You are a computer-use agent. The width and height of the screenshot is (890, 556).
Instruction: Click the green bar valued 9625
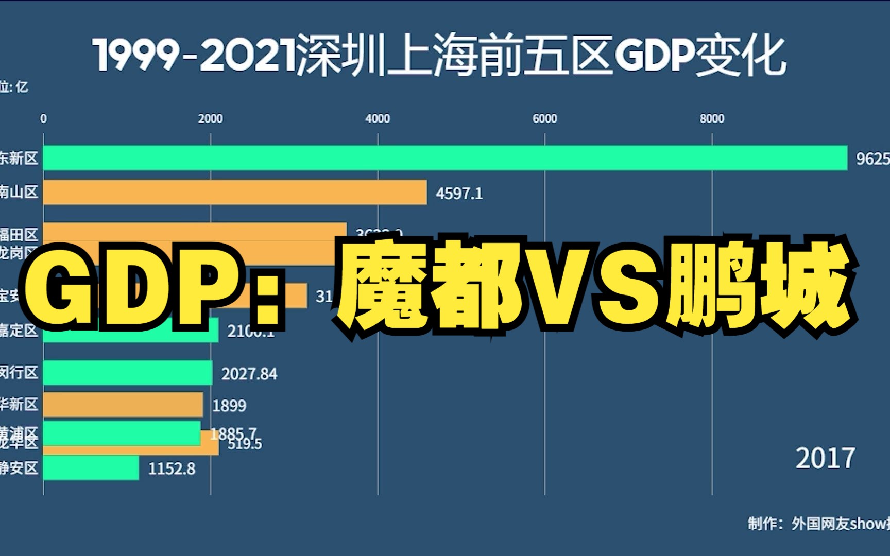[445, 158]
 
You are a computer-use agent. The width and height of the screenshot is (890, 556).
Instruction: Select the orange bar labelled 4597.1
[235, 192]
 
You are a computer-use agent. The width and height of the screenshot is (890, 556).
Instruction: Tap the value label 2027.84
[249, 373]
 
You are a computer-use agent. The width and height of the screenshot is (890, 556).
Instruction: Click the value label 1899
[229, 406]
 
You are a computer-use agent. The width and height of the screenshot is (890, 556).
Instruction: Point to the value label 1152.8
[172, 468]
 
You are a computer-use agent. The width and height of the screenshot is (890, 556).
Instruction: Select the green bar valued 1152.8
[91, 468]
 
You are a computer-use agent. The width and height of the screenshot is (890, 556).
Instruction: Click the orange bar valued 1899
[123, 405]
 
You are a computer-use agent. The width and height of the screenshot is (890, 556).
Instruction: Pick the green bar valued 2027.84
[127, 373]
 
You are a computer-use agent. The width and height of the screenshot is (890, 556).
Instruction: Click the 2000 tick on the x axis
[210, 118]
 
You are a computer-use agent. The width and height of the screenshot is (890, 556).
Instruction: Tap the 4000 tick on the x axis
[378, 118]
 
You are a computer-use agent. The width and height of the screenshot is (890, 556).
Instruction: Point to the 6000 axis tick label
[544, 118]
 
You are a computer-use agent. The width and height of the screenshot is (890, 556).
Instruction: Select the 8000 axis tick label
[712, 118]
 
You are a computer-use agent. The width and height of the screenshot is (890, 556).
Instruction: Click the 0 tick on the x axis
[43, 118]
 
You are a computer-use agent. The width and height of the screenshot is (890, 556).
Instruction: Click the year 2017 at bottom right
[825, 458]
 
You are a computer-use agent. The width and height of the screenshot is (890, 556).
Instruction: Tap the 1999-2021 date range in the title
[195, 56]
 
